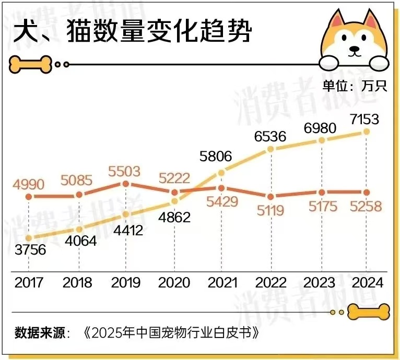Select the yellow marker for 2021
click(221, 172)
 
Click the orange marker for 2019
click(125, 184)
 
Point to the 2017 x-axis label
click(29, 283)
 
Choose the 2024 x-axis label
click(367, 283)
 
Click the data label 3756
click(29, 250)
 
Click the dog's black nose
click(355, 51)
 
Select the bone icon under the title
click(30, 64)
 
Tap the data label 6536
click(270, 136)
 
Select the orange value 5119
click(269, 210)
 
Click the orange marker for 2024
click(367, 193)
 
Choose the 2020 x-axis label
click(174, 283)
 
